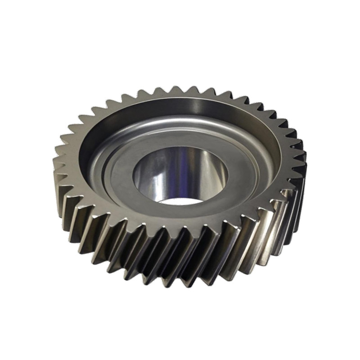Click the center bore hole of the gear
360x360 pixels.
pyautogui.click(x=180, y=175)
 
